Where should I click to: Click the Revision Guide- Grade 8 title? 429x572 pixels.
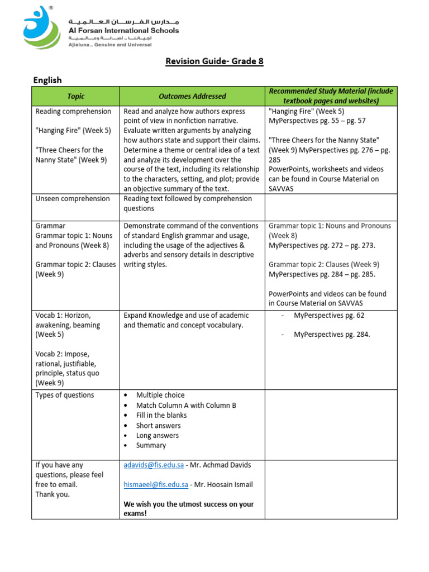tap(214, 61)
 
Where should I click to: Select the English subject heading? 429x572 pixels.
tap(47, 80)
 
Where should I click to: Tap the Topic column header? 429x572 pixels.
tap(75, 96)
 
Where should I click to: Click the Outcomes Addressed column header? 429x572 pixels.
tap(192, 96)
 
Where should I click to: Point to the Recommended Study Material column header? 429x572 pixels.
tap(331, 96)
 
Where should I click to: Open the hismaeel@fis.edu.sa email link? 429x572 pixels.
tap(156, 485)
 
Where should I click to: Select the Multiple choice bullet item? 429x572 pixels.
tap(160, 395)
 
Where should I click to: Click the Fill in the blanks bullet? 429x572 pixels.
tap(161, 415)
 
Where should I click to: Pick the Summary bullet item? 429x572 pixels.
tap(151, 445)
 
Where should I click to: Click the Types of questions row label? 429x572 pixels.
tap(65, 395)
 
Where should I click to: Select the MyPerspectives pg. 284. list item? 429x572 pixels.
tap(332, 334)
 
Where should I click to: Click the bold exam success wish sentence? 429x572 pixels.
tap(188, 508)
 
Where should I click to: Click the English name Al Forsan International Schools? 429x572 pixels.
tap(123, 31)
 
